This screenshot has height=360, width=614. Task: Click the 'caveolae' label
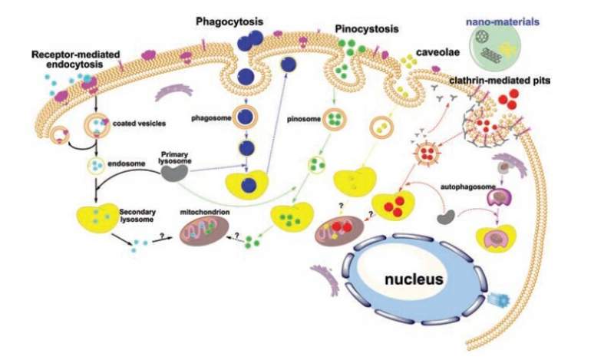(x=439, y=56)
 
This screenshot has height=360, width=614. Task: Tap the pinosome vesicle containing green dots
(x=335, y=119)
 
